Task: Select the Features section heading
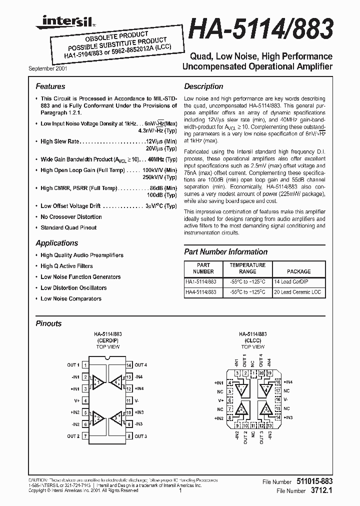click(50, 86)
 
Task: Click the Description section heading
click(203, 86)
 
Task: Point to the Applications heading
click(56, 243)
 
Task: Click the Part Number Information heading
click(225, 252)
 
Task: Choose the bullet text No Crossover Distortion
click(71, 217)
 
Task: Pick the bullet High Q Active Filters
click(66, 266)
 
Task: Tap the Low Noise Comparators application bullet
click(71, 298)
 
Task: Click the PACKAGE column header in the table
click(298, 271)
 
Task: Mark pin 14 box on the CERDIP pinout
click(128, 365)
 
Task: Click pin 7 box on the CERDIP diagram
click(85, 436)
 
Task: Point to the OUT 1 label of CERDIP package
click(73, 365)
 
